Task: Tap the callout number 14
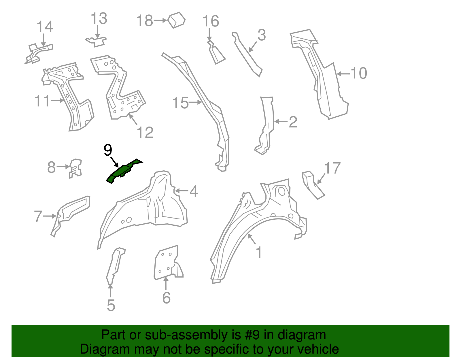(x=45, y=27)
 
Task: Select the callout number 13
(x=99, y=19)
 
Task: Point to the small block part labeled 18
(x=177, y=20)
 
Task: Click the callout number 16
(x=211, y=21)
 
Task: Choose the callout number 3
(x=261, y=35)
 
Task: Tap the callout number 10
(x=359, y=73)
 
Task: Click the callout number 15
(x=180, y=103)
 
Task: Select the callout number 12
(x=145, y=133)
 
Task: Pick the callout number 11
(x=42, y=101)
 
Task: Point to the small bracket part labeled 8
(x=76, y=168)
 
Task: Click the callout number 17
(x=332, y=168)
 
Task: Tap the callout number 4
(x=193, y=191)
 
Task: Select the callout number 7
(x=38, y=216)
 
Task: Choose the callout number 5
(x=111, y=305)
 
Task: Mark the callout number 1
(x=259, y=252)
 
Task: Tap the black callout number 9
(x=108, y=150)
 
